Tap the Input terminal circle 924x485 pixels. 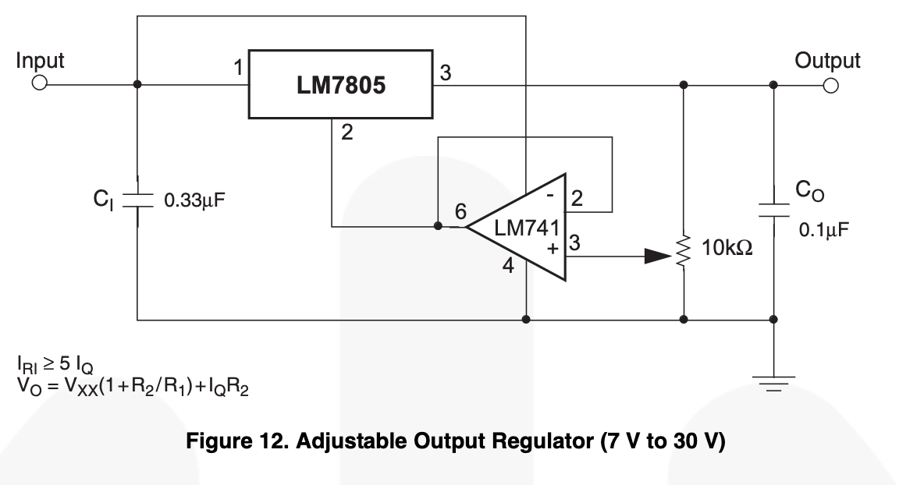pyautogui.click(x=40, y=83)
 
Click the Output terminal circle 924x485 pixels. pyautogui.click(x=831, y=86)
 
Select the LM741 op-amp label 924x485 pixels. pyautogui.click(x=526, y=228)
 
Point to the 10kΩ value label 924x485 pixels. pyautogui.click(x=727, y=248)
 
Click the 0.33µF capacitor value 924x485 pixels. pyautogui.click(x=194, y=200)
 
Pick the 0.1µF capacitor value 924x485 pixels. pyautogui.click(x=824, y=229)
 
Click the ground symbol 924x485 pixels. pyautogui.click(x=773, y=384)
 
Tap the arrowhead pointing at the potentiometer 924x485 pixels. pyautogui.click(x=658, y=256)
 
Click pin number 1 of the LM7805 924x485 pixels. pyautogui.click(x=238, y=68)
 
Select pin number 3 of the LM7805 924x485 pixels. pyautogui.click(x=446, y=73)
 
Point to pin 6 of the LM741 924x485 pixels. pyautogui.click(x=460, y=211)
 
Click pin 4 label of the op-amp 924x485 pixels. pyautogui.click(x=508, y=265)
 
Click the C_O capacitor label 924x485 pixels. pyautogui.click(x=809, y=191)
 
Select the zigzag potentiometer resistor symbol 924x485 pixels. pyautogui.click(x=684, y=252)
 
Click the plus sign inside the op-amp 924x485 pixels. pyautogui.click(x=553, y=249)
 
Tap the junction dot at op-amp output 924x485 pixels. pyautogui.click(x=438, y=226)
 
